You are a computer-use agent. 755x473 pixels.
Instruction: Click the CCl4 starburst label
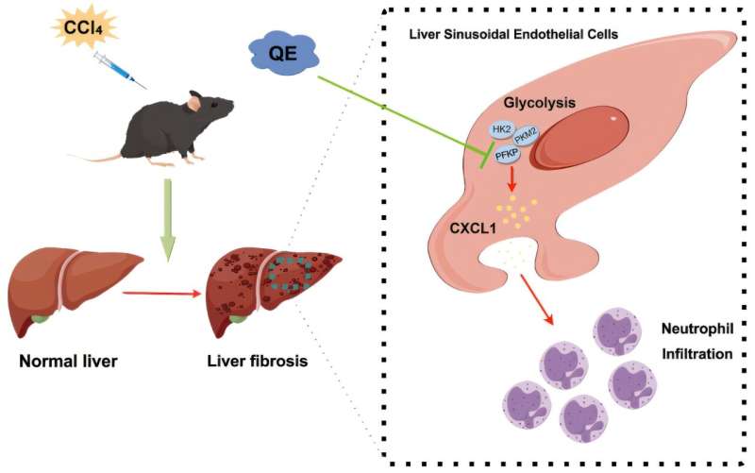[x=84, y=26]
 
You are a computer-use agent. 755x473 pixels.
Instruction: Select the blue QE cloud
[x=284, y=53]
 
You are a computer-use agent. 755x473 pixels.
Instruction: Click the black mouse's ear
[x=195, y=102]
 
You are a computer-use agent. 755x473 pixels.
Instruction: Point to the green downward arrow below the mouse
[x=167, y=221]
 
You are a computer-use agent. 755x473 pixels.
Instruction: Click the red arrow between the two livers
[x=161, y=293]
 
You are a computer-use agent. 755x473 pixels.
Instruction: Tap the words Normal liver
[x=68, y=362]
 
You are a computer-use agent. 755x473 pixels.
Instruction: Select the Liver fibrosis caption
[x=258, y=361]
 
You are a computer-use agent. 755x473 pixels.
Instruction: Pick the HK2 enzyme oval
[x=502, y=129]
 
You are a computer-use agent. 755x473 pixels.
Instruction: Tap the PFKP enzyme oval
[x=506, y=155]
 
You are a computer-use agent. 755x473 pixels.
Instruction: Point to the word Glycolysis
[x=539, y=103]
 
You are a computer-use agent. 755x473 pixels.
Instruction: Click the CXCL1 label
[x=473, y=228]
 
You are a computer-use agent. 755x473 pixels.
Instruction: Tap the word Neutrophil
[x=697, y=329]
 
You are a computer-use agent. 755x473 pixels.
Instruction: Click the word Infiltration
[x=697, y=354]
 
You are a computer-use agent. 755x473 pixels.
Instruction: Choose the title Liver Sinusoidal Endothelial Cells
[x=513, y=34]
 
